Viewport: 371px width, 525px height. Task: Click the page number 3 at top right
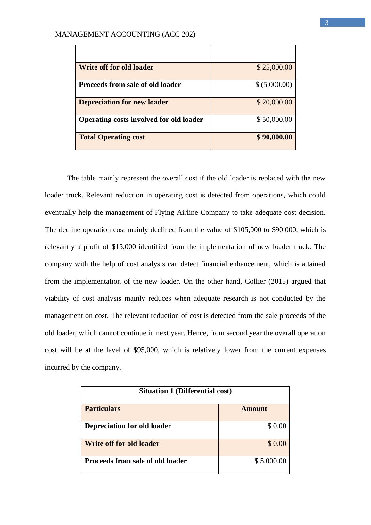tap(326, 23)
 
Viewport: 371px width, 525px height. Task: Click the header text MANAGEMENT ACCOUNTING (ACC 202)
tap(125, 34)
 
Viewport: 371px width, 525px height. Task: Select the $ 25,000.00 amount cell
tap(274, 67)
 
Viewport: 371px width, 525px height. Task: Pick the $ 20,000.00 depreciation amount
tap(274, 102)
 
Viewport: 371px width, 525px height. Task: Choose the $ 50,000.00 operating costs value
tap(274, 120)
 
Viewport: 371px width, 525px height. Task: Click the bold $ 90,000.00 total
tap(274, 137)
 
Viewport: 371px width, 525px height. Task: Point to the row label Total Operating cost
tap(112, 137)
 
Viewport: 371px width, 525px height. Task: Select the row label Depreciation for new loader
tap(123, 102)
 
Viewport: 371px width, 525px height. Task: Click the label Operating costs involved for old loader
tap(141, 120)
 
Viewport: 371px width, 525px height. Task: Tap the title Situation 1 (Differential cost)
tap(185, 391)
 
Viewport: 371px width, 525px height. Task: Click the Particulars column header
tap(103, 409)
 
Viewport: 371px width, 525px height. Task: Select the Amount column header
tap(254, 409)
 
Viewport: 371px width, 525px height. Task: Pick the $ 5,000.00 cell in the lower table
tap(270, 461)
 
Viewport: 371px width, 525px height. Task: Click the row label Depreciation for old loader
tap(128, 426)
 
